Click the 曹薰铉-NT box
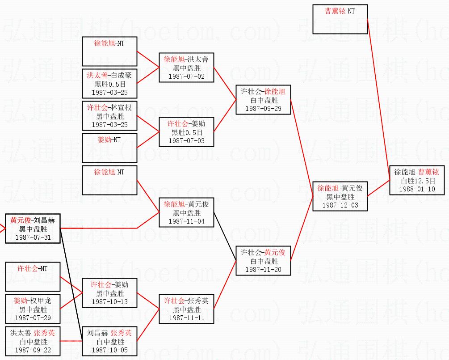340,19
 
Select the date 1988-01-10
417,189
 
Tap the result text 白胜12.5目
417,180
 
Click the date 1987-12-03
340,205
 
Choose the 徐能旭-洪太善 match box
186,68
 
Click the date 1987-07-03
186,141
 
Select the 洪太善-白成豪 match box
109,84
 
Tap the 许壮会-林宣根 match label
109,108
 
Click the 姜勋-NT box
109,148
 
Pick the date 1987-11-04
186,221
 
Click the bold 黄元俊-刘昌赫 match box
33,229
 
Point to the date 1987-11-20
263,269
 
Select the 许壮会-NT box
33,277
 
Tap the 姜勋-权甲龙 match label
33,301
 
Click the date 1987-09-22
33,350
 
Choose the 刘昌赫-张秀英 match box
109,342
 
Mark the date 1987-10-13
109,301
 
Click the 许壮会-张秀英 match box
186,309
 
